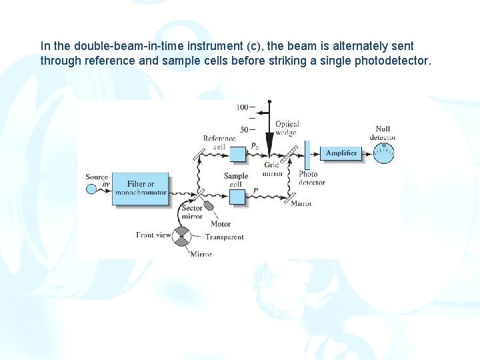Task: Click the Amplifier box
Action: [341, 153]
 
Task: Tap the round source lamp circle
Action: [91, 189]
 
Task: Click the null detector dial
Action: [383, 153]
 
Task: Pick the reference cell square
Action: [238, 154]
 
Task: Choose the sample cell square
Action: [237, 196]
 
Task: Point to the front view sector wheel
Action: [181, 235]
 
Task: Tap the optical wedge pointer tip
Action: [269, 153]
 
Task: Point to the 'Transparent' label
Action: [225, 237]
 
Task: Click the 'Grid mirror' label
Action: [273, 169]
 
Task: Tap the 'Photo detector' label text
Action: [311, 178]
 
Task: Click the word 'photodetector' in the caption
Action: [397, 61]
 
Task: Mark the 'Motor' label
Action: [221, 224]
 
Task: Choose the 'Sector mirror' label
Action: [191, 212]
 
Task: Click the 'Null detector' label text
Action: [383, 133]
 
